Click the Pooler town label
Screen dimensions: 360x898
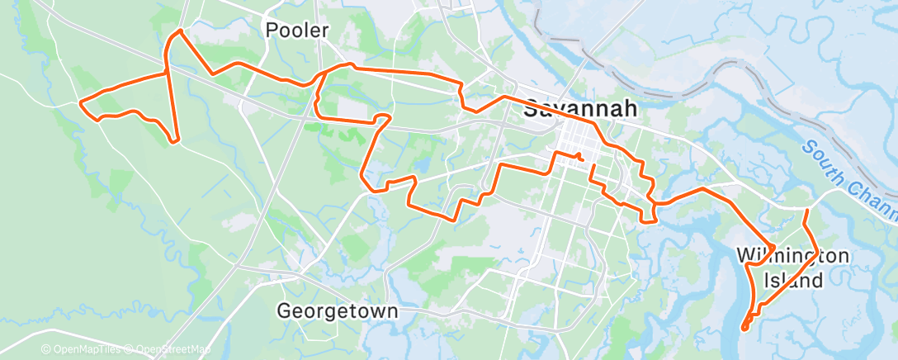[x=297, y=31]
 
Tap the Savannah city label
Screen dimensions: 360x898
[x=581, y=109]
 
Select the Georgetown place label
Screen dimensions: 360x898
[x=338, y=311]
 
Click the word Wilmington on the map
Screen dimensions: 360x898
[x=792, y=256]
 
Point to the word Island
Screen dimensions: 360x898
[x=792, y=281]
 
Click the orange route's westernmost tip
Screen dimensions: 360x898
[x=79, y=102]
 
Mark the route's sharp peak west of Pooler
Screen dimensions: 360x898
[x=179, y=31]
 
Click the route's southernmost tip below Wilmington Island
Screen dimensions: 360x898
[x=744, y=329]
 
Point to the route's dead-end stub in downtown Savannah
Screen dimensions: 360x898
[x=580, y=156]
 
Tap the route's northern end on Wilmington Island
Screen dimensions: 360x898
[x=806, y=212]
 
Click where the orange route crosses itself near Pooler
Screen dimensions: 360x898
[x=168, y=73]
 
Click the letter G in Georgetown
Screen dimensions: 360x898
[x=284, y=311]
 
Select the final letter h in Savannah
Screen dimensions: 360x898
[x=629, y=109]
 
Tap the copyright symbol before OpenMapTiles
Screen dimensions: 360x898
[x=46, y=350]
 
